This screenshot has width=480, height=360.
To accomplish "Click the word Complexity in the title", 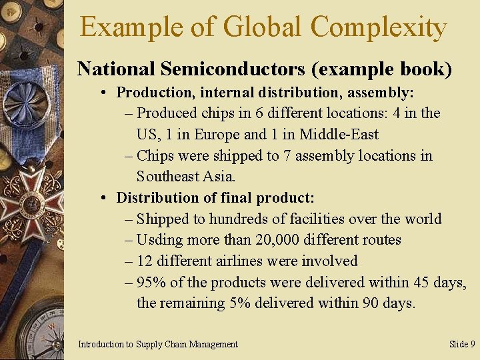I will pos(378,28).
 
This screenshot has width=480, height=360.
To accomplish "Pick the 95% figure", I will pos(151,282).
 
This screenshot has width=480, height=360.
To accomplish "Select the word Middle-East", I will pos(339,134).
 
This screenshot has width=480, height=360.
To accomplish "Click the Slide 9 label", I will pos(462,344).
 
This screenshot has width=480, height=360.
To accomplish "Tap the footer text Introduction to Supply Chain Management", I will pos(158,344).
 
